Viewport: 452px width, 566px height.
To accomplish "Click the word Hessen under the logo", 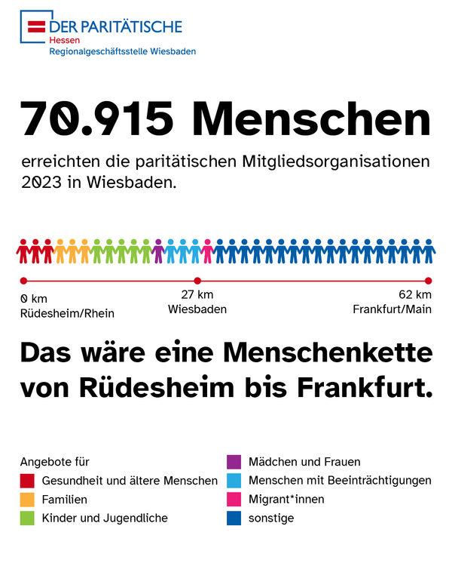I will (x=63, y=40).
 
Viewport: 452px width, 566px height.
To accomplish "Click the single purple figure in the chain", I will (x=158, y=251).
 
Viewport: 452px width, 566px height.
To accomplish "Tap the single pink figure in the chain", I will (x=207, y=251).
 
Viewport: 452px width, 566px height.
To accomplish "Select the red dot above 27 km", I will (x=197, y=281).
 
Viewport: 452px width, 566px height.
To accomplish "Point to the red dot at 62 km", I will (x=428, y=281).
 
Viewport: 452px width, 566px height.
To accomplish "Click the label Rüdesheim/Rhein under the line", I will (x=68, y=313).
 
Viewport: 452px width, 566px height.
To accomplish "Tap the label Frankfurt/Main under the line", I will (x=392, y=309).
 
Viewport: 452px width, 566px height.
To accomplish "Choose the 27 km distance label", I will (x=197, y=295).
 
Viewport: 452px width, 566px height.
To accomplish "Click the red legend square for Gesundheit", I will (x=28, y=481).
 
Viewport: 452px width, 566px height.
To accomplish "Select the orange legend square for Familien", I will (x=28, y=500).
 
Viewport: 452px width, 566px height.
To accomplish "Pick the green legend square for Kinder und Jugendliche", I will (x=28, y=518).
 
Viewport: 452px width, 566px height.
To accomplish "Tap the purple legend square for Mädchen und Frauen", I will (x=234, y=462).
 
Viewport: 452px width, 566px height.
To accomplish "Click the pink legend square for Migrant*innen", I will (x=234, y=500).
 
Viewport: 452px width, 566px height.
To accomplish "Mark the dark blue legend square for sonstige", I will (x=234, y=518).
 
